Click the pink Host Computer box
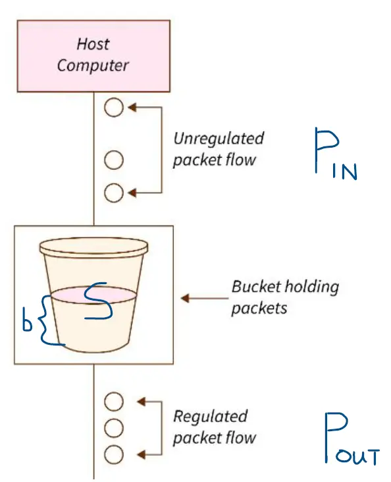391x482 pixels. (x=93, y=56)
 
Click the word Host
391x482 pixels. (x=93, y=44)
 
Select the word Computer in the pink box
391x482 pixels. (x=93, y=65)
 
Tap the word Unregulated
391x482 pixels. (x=219, y=138)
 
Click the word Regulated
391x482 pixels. (x=210, y=416)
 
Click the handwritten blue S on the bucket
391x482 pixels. (x=98, y=301)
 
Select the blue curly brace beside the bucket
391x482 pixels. (x=49, y=320)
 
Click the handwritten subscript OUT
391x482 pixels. (x=358, y=456)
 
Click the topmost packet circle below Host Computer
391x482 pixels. (x=114, y=107)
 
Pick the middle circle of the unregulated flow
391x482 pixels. (x=114, y=160)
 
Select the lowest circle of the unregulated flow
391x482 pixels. (x=114, y=193)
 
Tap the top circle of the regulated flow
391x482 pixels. (x=114, y=402)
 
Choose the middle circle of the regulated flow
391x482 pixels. (x=114, y=428)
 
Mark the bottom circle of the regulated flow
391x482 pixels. (x=114, y=454)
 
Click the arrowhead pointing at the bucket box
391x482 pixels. (x=185, y=298)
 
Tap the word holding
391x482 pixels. (x=311, y=287)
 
